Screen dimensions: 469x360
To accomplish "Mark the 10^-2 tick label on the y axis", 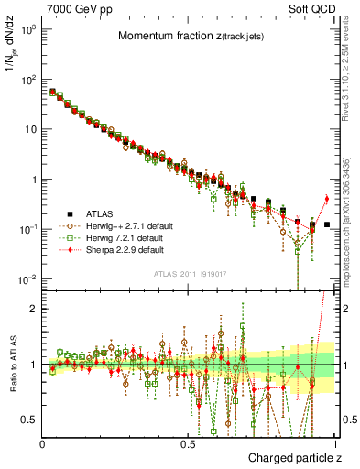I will (27, 278).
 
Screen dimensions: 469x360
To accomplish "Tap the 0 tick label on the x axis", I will (43, 442).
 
